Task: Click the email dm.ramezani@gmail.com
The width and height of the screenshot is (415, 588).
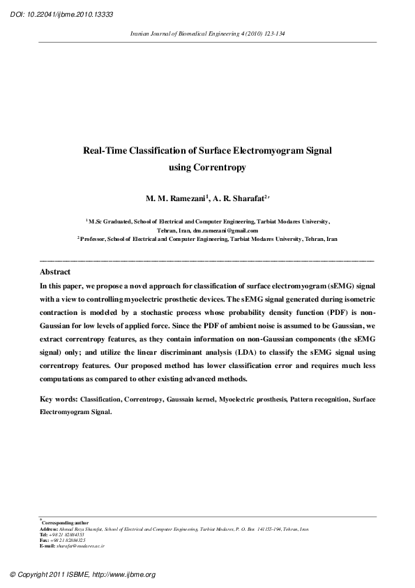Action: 227,230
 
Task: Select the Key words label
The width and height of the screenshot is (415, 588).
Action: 59,399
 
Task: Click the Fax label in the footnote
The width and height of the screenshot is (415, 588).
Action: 45,540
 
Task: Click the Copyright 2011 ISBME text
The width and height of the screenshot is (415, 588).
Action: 52,575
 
